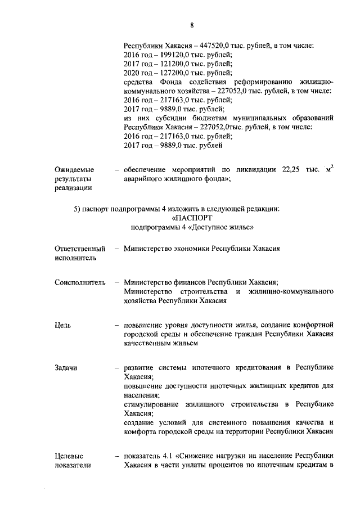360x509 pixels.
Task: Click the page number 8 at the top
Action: pyautogui.click(x=192, y=25)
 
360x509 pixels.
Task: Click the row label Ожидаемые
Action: pyautogui.click(x=74, y=169)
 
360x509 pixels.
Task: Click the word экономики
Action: pyautogui.click(x=186, y=248)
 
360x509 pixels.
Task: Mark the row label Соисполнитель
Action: pyautogui.click(x=80, y=282)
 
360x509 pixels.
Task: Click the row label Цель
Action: pyautogui.click(x=62, y=325)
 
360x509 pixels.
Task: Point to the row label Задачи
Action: pyautogui.click(x=66, y=368)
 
